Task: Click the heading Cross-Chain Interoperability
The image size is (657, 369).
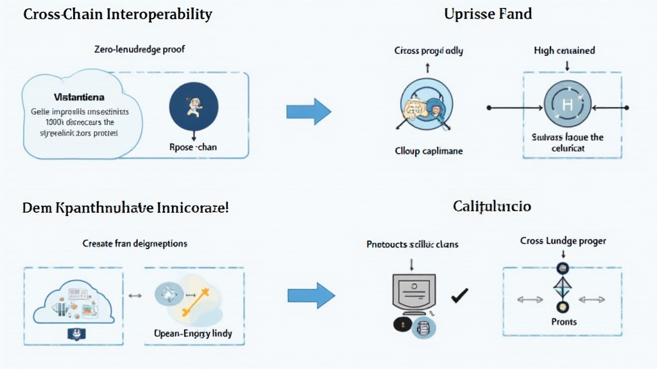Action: [x=117, y=14]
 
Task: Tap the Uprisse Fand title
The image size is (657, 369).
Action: [x=488, y=13]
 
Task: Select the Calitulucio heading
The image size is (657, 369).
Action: [x=491, y=206]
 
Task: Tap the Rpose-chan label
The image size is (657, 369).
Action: [x=193, y=147]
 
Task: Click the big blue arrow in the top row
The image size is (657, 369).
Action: [x=309, y=112]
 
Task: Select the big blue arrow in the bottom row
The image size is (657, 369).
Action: [x=311, y=295]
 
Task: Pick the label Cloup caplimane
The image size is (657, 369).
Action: [x=428, y=151]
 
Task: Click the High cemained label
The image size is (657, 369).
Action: [x=564, y=50]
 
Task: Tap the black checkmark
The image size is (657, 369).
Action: [x=459, y=295]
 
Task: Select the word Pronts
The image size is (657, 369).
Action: [x=563, y=322]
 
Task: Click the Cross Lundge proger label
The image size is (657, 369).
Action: [x=563, y=241]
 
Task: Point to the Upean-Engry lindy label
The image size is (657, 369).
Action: [x=193, y=334]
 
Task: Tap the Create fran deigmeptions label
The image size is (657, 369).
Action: [x=135, y=243]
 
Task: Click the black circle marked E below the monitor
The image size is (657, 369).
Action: [x=402, y=325]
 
